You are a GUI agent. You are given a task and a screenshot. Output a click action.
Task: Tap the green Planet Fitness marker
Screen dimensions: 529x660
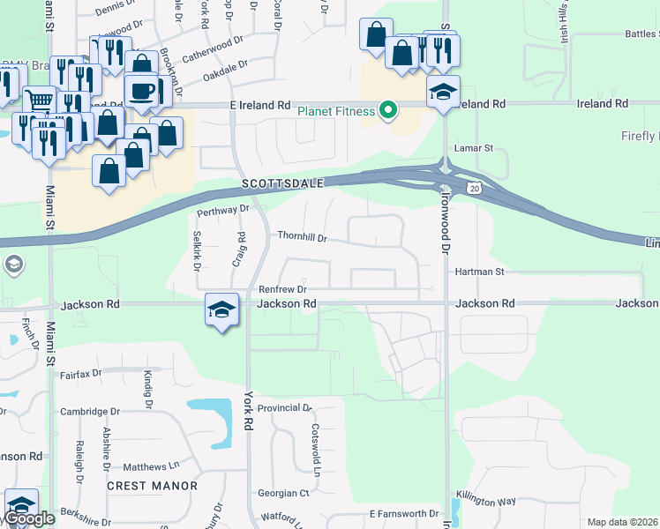[386, 111]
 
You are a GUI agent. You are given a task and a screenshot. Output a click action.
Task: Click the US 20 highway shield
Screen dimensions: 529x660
[475, 188]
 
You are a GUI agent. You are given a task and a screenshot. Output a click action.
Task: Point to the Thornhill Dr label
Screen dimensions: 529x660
[303, 238]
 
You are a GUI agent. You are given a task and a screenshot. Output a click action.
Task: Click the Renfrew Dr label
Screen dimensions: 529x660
[282, 289]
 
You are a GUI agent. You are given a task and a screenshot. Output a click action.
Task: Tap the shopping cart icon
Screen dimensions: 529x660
[39, 101]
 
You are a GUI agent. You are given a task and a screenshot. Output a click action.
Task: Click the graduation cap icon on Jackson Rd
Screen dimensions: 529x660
[222, 309]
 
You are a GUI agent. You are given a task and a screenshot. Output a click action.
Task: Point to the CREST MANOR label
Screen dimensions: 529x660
[152, 487]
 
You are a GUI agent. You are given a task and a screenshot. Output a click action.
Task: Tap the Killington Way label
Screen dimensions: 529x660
[486, 501]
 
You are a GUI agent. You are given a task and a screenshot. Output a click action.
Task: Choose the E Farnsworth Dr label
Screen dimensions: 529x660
[404, 513]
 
